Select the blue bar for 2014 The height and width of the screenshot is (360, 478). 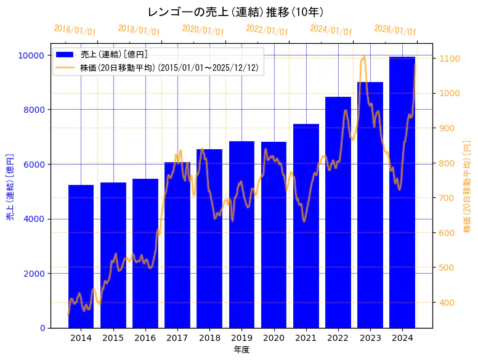pyautogui.click(x=81, y=256)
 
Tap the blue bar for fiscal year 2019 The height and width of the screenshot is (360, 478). pyautogui.click(x=241, y=234)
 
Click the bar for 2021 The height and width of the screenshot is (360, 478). pyautogui.click(x=306, y=226)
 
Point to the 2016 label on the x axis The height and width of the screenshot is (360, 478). pyautogui.click(x=145, y=338)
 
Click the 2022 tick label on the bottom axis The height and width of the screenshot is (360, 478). pyautogui.click(x=338, y=338)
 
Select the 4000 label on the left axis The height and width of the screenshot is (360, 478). pyautogui.click(x=33, y=219)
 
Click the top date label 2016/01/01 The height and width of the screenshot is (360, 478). pyautogui.click(x=75, y=30)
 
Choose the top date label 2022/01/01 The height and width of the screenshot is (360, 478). pyautogui.click(x=267, y=30)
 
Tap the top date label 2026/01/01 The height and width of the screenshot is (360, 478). pyautogui.click(x=395, y=30)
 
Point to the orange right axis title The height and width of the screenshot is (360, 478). pyautogui.click(x=467, y=186)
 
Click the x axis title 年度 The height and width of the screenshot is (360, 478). pyautogui.click(x=241, y=350)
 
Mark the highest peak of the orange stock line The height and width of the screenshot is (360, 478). pyautogui.click(x=364, y=57)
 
